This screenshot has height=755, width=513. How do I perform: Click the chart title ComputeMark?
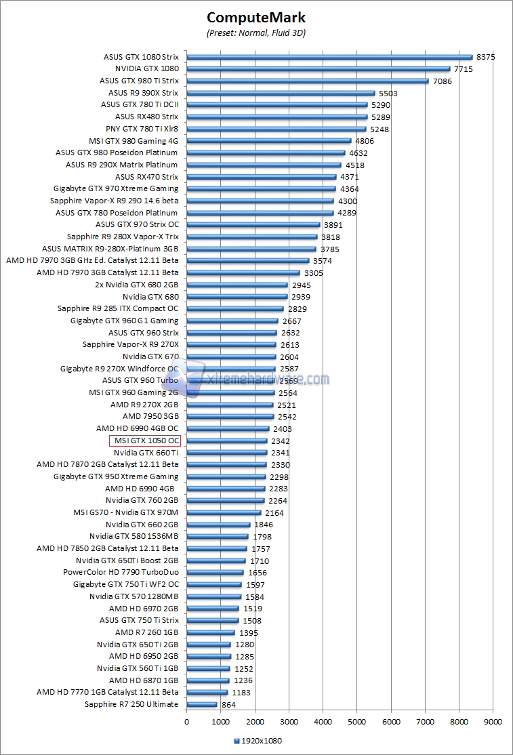256,18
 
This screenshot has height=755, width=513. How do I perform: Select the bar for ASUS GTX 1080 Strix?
329,57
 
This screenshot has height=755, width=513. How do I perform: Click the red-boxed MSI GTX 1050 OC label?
145,441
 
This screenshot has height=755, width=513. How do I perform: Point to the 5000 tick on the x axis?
357,722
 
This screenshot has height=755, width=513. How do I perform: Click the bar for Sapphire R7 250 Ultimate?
202,704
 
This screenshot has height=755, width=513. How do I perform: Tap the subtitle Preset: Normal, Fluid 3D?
256,33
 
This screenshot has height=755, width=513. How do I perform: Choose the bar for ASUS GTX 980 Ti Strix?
308,81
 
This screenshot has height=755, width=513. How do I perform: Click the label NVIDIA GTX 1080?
146,68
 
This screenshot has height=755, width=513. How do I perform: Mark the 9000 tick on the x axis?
493,722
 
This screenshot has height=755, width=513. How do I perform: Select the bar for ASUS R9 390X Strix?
281,93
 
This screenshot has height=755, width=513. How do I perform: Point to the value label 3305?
314,273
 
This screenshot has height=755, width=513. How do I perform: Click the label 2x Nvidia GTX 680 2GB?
137,285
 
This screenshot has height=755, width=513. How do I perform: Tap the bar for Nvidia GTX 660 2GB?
218,525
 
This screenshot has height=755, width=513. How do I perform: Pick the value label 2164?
274,513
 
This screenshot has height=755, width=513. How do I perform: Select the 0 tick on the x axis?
187,722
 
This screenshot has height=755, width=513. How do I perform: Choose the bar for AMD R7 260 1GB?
211,632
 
